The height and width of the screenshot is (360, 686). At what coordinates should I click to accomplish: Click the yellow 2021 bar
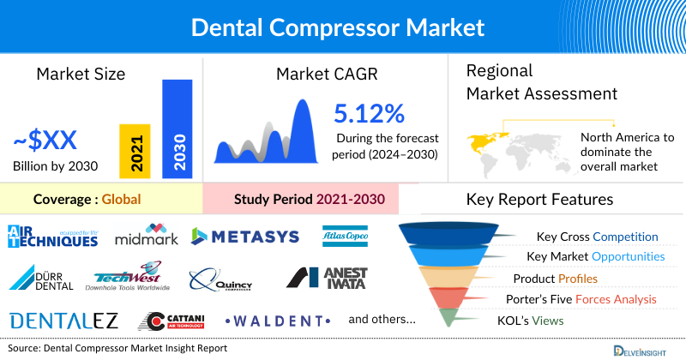click(x=135, y=152)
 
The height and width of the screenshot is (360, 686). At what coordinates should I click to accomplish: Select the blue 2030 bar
click(x=177, y=129)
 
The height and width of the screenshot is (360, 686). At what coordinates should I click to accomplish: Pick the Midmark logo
click(x=146, y=235)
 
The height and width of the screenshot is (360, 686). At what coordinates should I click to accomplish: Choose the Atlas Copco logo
click(x=345, y=235)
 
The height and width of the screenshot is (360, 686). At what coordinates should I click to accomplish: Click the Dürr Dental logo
click(x=42, y=279)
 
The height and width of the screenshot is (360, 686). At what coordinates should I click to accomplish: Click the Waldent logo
click(x=279, y=321)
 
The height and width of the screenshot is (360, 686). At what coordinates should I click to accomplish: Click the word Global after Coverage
click(x=121, y=200)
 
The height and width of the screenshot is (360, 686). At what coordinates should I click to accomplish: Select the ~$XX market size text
click(x=45, y=140)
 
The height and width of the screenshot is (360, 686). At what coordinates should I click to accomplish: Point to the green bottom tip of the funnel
click(x=447, y=319)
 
